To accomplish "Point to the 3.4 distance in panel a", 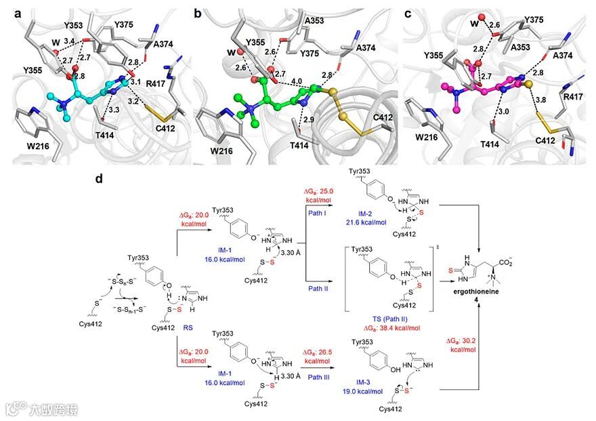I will click(69, 42).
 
